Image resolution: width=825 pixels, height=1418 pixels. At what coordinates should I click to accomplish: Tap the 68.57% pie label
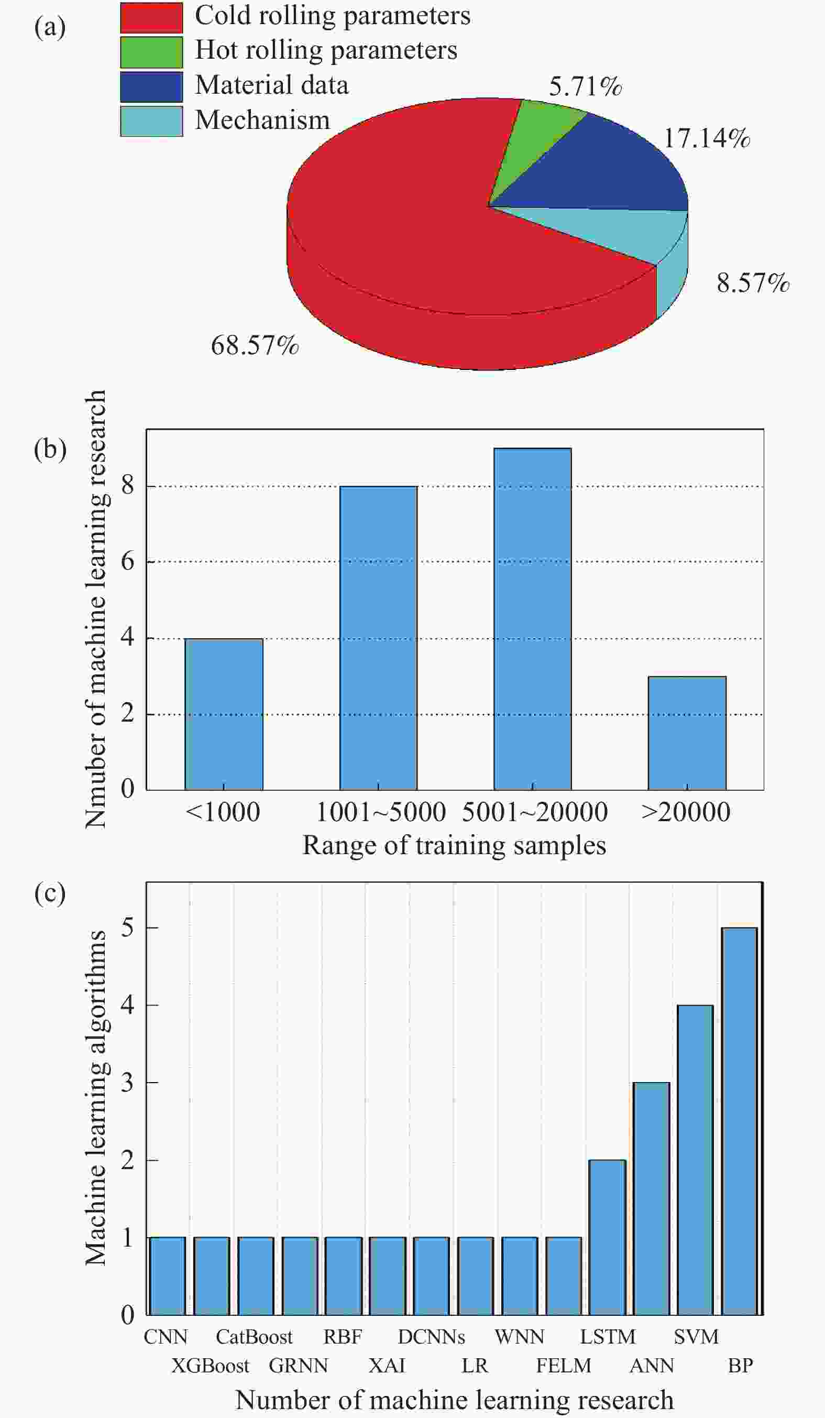[255, 345]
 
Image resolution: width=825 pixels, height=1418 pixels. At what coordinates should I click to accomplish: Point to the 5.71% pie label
[586, 86]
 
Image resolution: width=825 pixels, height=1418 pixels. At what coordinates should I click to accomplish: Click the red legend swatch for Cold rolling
[151, 17]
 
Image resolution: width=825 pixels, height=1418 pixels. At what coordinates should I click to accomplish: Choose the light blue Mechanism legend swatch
[151, 121]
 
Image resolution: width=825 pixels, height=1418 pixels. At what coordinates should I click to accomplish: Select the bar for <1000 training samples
[224, 714]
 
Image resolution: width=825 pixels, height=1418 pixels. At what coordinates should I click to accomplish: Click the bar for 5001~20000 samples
[533, 619]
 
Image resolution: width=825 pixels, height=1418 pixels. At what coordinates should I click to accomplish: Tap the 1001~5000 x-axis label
[381, 812]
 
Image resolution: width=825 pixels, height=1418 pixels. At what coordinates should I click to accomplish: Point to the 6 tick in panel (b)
[128, 561]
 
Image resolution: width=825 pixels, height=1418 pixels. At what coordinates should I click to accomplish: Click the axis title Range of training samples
[454, 845]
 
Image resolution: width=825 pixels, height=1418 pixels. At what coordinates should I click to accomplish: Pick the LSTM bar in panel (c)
[607, 1237]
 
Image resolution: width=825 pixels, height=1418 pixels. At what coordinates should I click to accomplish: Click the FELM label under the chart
[564, 1366]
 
